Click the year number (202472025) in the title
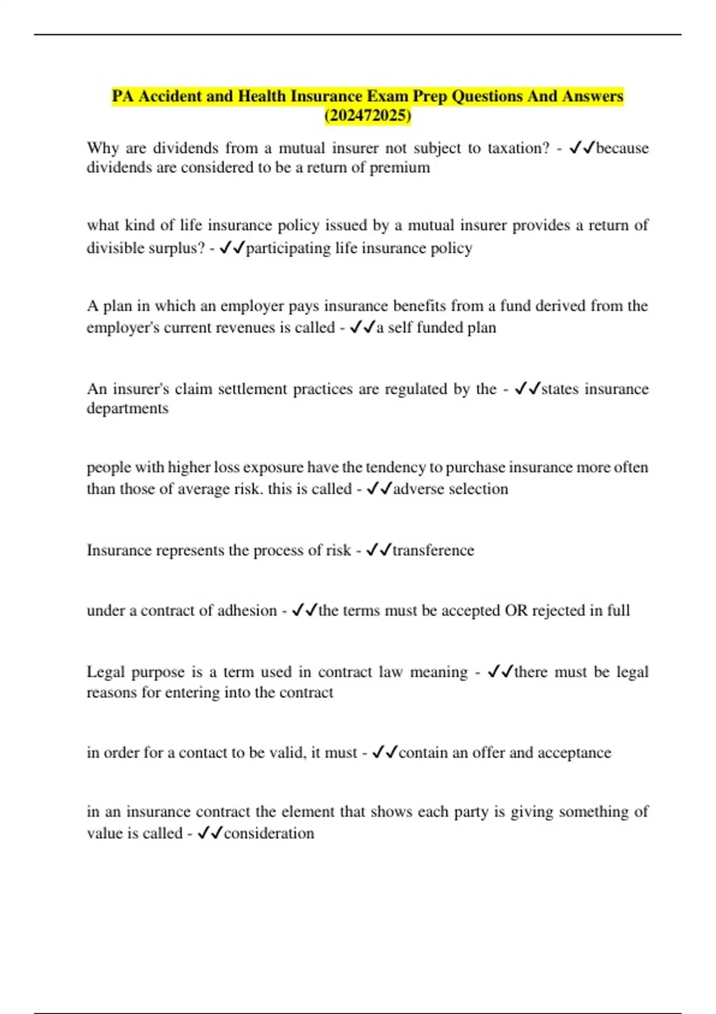pyautogui.click(x=368, y=116)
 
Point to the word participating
pyautogui.click(x=288, y=248)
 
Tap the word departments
pyautogui.click(x=128, y=409)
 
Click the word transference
pyautogui.click(x=433, y=550)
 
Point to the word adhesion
pyautogui.click(x=247, y=611)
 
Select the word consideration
pyautogui.click(x=268, y=833)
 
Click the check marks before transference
pyautogui.click(x=378, y=550)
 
